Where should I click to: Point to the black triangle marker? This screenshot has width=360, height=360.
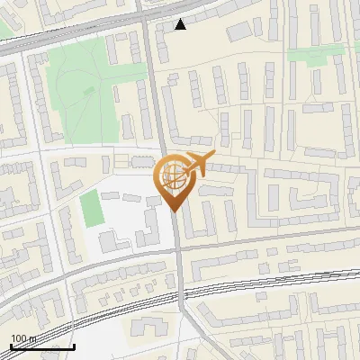(181, 24)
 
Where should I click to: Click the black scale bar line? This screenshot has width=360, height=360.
(41, 347)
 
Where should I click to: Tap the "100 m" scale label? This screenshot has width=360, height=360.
(22, 338)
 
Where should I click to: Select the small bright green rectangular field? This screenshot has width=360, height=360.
(92, 209)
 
